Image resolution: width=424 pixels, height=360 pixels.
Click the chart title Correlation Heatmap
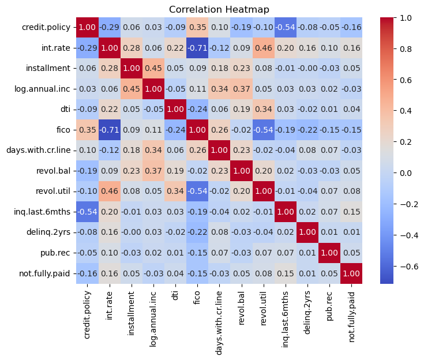coord(214,9)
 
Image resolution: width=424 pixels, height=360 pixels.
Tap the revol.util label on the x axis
coord(257,312)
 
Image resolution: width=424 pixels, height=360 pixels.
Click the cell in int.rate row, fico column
coord(194,48)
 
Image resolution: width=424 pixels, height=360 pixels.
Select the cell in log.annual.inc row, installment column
coord(131,89)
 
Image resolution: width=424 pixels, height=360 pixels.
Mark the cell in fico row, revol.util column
coord(257,130)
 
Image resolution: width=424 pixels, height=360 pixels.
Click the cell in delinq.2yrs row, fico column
coord(194,233)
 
